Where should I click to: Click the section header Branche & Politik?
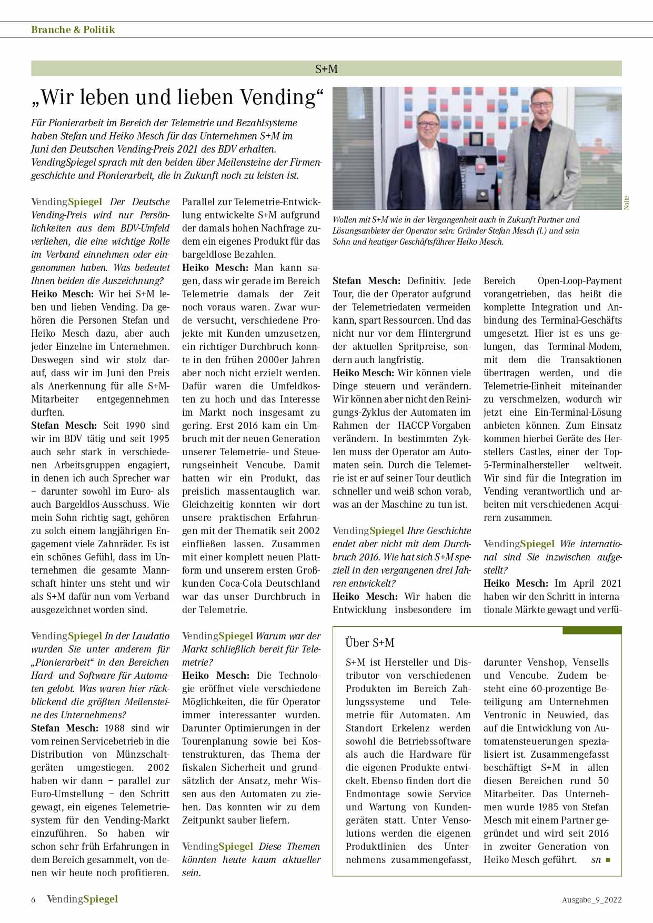click(73, 29)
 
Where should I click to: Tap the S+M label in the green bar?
click(326, 68)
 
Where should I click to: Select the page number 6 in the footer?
click(33, 899)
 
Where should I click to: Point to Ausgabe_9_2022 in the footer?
click(591, 899)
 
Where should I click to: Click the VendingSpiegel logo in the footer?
click(82, 899)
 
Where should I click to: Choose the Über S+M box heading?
click(369, 643)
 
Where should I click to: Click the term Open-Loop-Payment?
click(579, 280)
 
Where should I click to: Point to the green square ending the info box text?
click(608, 860)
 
